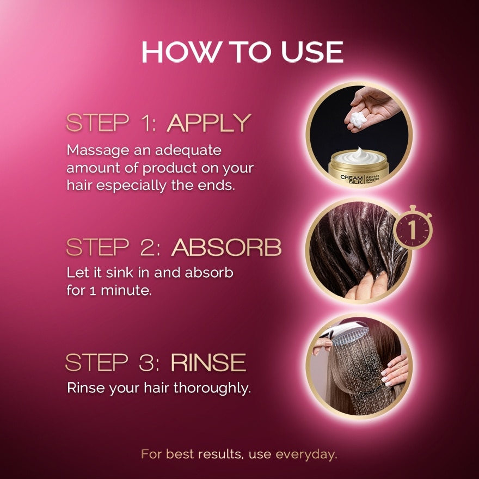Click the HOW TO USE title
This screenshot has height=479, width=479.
click(x=242, y=52)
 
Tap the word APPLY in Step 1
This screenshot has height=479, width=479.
click(x=209, y=124)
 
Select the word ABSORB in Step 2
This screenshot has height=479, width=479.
click(x=226, y=248)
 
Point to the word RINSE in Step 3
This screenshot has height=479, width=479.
click(x=208, y=363)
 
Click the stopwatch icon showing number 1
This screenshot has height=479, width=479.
click(x=412, y=229)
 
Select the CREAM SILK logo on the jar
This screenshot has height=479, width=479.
click(x=351, y=180)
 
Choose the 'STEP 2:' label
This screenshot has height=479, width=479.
click(x=115, y=248)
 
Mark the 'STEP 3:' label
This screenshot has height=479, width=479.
click(x=114, y=363)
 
